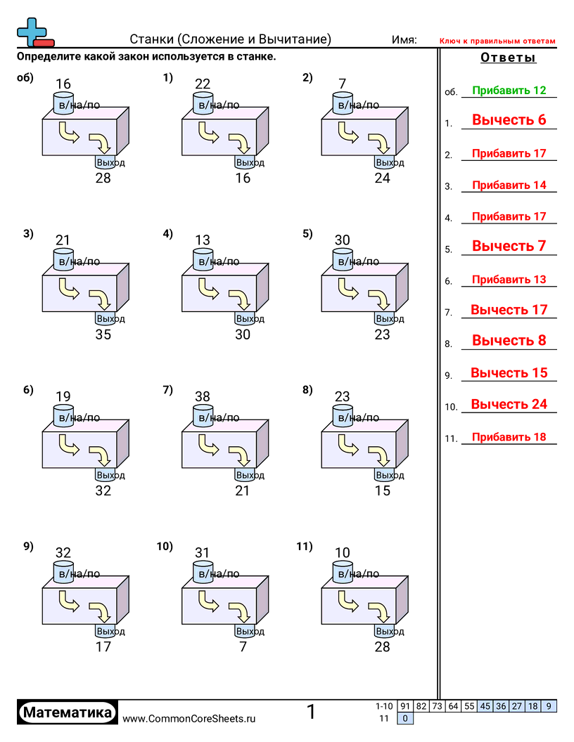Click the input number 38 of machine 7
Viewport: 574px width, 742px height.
coord(203,396)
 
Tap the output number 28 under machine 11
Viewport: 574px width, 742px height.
coord(382,646)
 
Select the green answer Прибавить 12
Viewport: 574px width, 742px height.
coord(509,91)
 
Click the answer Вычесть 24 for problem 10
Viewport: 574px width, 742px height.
coord(509,404)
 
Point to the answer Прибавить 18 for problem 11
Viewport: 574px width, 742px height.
coord(509,437)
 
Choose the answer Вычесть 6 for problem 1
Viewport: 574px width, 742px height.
coord(509,120)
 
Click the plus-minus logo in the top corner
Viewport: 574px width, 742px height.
coord(34,32)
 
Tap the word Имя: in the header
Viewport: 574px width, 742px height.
coord(404,40)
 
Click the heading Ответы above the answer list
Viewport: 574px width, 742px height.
coord(508,58)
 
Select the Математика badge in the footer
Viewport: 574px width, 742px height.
coord(68,712)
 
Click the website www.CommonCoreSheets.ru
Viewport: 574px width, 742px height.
coord(189,718)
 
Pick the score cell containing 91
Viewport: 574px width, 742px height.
coord(404,706)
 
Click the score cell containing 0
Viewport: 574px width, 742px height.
coord(405,718)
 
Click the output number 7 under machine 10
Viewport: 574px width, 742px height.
coord(243,646)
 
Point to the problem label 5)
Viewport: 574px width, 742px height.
coord(307,235)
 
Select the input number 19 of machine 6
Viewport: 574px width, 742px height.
coord(63,396)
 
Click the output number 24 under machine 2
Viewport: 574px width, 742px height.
coord(382,178)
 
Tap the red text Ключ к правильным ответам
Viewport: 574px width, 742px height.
coord(497,41)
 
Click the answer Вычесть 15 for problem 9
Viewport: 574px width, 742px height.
coord(509,373)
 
